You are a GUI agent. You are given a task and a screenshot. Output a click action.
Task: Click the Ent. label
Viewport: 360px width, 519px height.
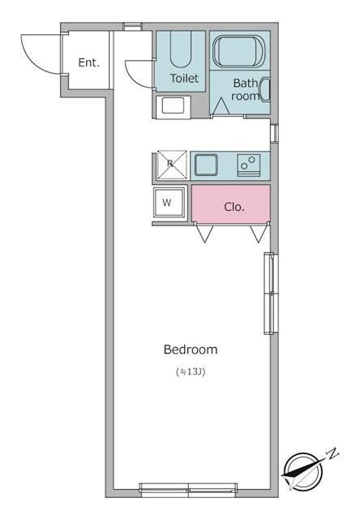coord(88,62)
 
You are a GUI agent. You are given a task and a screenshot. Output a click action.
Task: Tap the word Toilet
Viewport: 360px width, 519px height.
coord(184,79)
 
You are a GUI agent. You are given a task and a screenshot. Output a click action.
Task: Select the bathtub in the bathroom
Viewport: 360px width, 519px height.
coord(239,51)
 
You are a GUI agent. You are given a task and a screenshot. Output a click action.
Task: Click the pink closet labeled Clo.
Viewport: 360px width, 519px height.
coord(231,204)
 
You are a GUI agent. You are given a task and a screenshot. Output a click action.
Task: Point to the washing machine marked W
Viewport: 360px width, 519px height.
coord(169,202)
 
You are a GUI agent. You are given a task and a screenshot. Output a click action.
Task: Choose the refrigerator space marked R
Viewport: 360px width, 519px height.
coord(172,165)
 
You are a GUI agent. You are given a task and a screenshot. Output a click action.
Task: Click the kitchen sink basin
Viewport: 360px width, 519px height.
coord(206,165)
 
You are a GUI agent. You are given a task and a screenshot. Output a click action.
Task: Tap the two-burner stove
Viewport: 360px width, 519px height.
coord(248,165)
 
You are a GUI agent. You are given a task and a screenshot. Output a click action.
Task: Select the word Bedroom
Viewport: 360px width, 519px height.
coord(191,350)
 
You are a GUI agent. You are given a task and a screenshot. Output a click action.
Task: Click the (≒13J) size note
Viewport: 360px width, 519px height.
coord(191,371)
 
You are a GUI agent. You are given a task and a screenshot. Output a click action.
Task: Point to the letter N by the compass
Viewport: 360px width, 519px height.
coord(333,453)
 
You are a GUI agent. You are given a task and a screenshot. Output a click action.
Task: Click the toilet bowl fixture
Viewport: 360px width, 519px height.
coord(181,49)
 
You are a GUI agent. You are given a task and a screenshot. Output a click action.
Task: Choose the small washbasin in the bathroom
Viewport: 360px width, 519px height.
coord(265,90)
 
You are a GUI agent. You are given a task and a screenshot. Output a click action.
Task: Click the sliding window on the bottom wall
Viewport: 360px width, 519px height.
coord(188,490)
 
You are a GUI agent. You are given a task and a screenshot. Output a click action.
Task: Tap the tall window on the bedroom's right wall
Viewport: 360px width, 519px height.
coord(269,294)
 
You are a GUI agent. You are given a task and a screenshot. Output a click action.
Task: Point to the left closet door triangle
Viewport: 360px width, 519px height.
coord(204,234)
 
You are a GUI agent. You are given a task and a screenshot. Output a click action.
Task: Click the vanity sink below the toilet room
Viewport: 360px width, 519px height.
coord(173,107)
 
